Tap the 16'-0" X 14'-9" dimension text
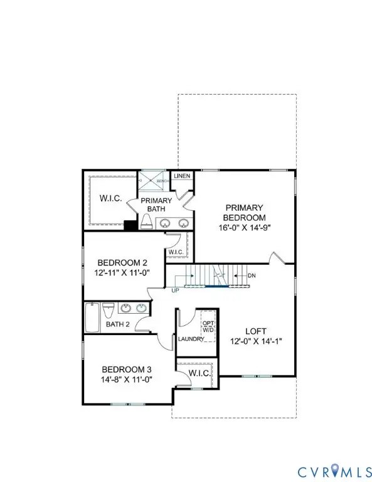244,227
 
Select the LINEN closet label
182,176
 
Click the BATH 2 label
117,324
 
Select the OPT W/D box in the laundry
208,327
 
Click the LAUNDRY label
191,339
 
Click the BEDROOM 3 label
127,369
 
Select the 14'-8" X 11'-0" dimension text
127,380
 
